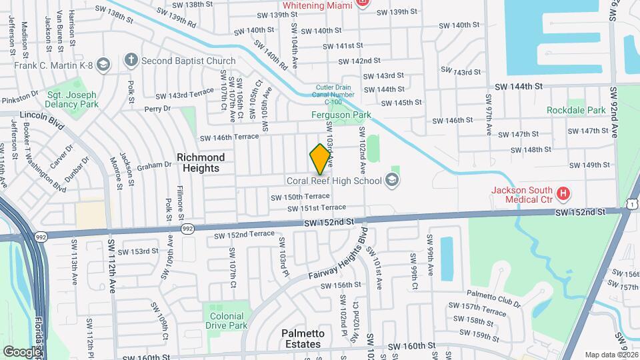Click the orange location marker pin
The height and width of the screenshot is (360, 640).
320,159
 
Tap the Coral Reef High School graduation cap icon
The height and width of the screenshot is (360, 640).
391,180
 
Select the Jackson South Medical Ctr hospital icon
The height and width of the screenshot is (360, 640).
564,194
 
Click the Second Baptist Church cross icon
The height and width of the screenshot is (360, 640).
131,61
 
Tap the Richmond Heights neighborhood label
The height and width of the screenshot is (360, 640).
201,163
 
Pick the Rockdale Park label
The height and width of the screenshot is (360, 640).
576,110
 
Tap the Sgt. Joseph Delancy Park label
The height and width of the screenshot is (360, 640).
73,100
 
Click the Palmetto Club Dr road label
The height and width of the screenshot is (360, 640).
493,297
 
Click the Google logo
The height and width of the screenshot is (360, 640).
22,351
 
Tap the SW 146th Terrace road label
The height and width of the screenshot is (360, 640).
229,137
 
